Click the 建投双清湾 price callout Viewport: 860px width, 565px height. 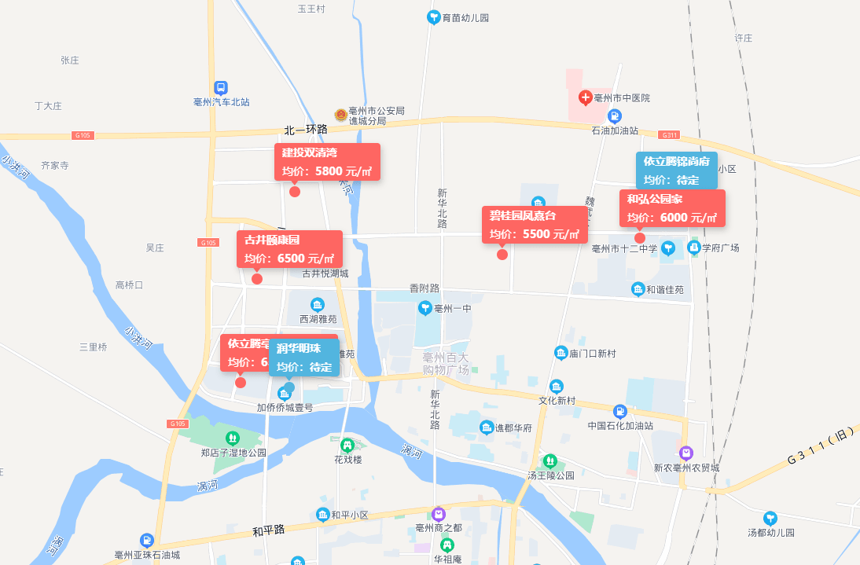pos(327,162)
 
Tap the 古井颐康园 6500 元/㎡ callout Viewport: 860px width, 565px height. pos(289,249)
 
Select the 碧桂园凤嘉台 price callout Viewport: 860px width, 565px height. pos(535,225)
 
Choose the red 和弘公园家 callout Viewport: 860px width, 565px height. pos(672,208)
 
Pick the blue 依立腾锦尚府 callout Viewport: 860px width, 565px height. pos(676,171)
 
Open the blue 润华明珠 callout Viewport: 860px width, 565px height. pos(304,358)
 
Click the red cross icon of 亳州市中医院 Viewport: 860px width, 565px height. pos(585,98)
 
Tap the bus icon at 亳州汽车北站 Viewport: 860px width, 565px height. pos(222,88)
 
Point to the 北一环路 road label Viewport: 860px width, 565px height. pos(306,130)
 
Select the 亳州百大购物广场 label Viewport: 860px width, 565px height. pos(445,363)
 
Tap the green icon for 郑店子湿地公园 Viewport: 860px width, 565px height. pos(232,438)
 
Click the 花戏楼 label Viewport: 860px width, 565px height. pos(347,460)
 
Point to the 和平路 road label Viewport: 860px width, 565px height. pos(268,530)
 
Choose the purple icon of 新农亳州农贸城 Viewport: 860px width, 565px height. pos(686,453)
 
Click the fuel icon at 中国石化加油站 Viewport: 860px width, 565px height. pos(619,411)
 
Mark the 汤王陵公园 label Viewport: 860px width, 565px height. pos(550,475)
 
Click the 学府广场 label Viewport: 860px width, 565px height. pos(720,248)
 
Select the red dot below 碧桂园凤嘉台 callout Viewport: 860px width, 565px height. pos(502,254)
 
